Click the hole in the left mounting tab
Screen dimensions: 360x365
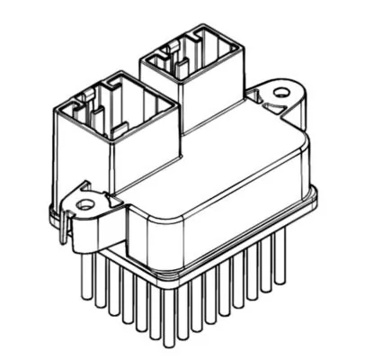[x=86, y=205]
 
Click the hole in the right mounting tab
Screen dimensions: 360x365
[x=281, y=91]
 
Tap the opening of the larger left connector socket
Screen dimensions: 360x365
[x=114, y=105]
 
